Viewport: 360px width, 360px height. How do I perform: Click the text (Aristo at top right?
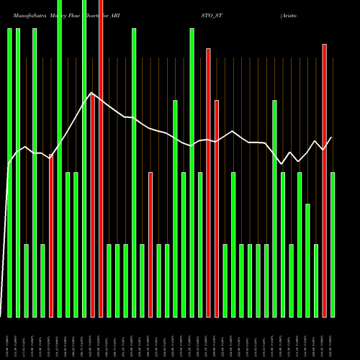(294, 14)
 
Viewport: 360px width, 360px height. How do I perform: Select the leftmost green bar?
(9, 173)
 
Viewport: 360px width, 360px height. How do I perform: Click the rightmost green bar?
(333, 245)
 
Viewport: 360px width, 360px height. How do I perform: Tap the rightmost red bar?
(325, 180)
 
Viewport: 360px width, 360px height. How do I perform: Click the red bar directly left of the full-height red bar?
(93, 205)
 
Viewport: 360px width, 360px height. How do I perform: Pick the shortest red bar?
(150, 245)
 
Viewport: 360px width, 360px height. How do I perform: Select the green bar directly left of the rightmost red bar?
(316, 281)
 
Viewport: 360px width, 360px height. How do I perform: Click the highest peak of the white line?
(91, 93)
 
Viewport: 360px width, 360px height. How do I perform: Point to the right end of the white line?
(332, 137)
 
